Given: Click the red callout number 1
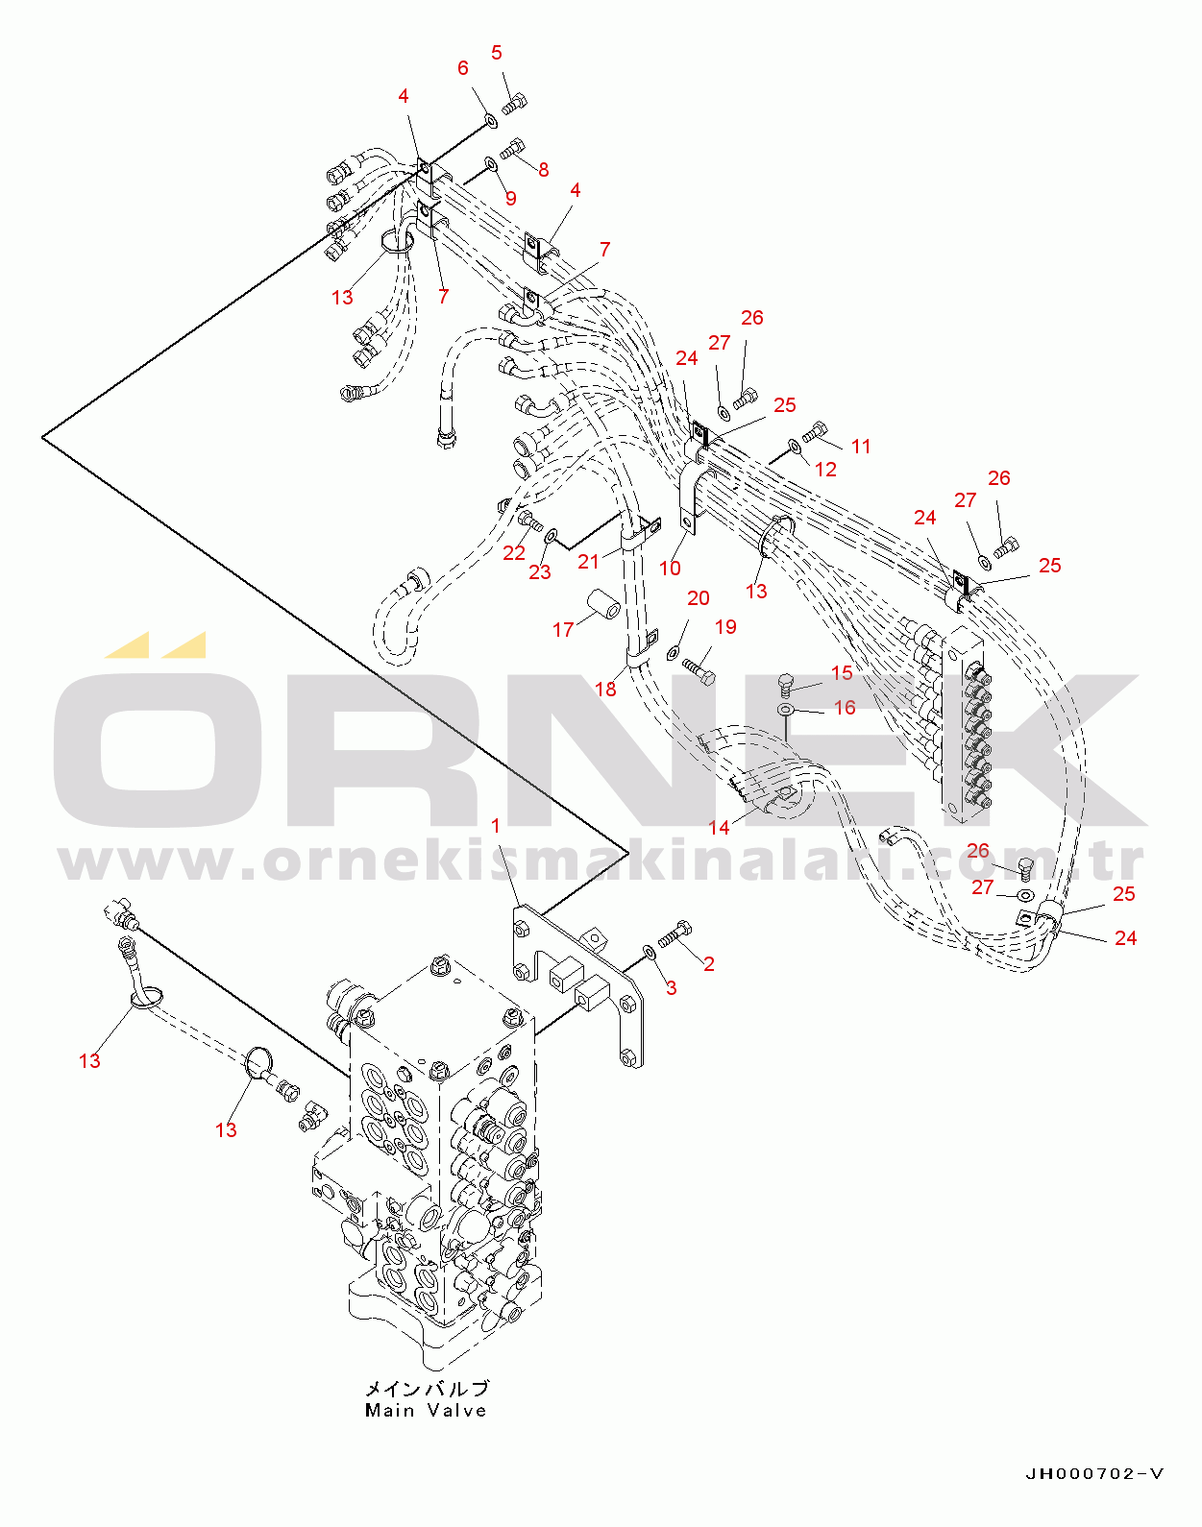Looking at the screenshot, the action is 496,826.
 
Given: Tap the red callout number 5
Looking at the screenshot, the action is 497,53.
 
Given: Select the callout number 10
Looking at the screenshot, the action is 670,569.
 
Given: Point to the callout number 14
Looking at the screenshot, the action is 719,827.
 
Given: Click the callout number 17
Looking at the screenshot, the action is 563,629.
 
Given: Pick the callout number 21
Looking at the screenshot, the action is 589,562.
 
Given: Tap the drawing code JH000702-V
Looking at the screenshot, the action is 1094,1474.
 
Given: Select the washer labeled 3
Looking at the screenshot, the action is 649,952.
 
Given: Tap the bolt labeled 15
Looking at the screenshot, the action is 785,685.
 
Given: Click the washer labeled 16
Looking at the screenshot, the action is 786,710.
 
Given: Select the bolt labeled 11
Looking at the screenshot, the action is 816,432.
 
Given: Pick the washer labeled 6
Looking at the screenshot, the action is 490,121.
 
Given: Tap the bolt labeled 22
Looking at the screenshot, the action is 529,521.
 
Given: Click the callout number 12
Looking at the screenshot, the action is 825,469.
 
